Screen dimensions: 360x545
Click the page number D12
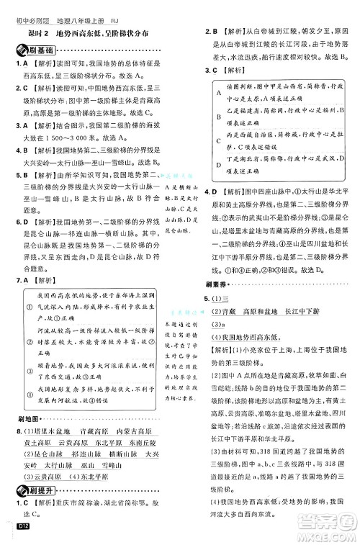(x=17, y=531)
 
